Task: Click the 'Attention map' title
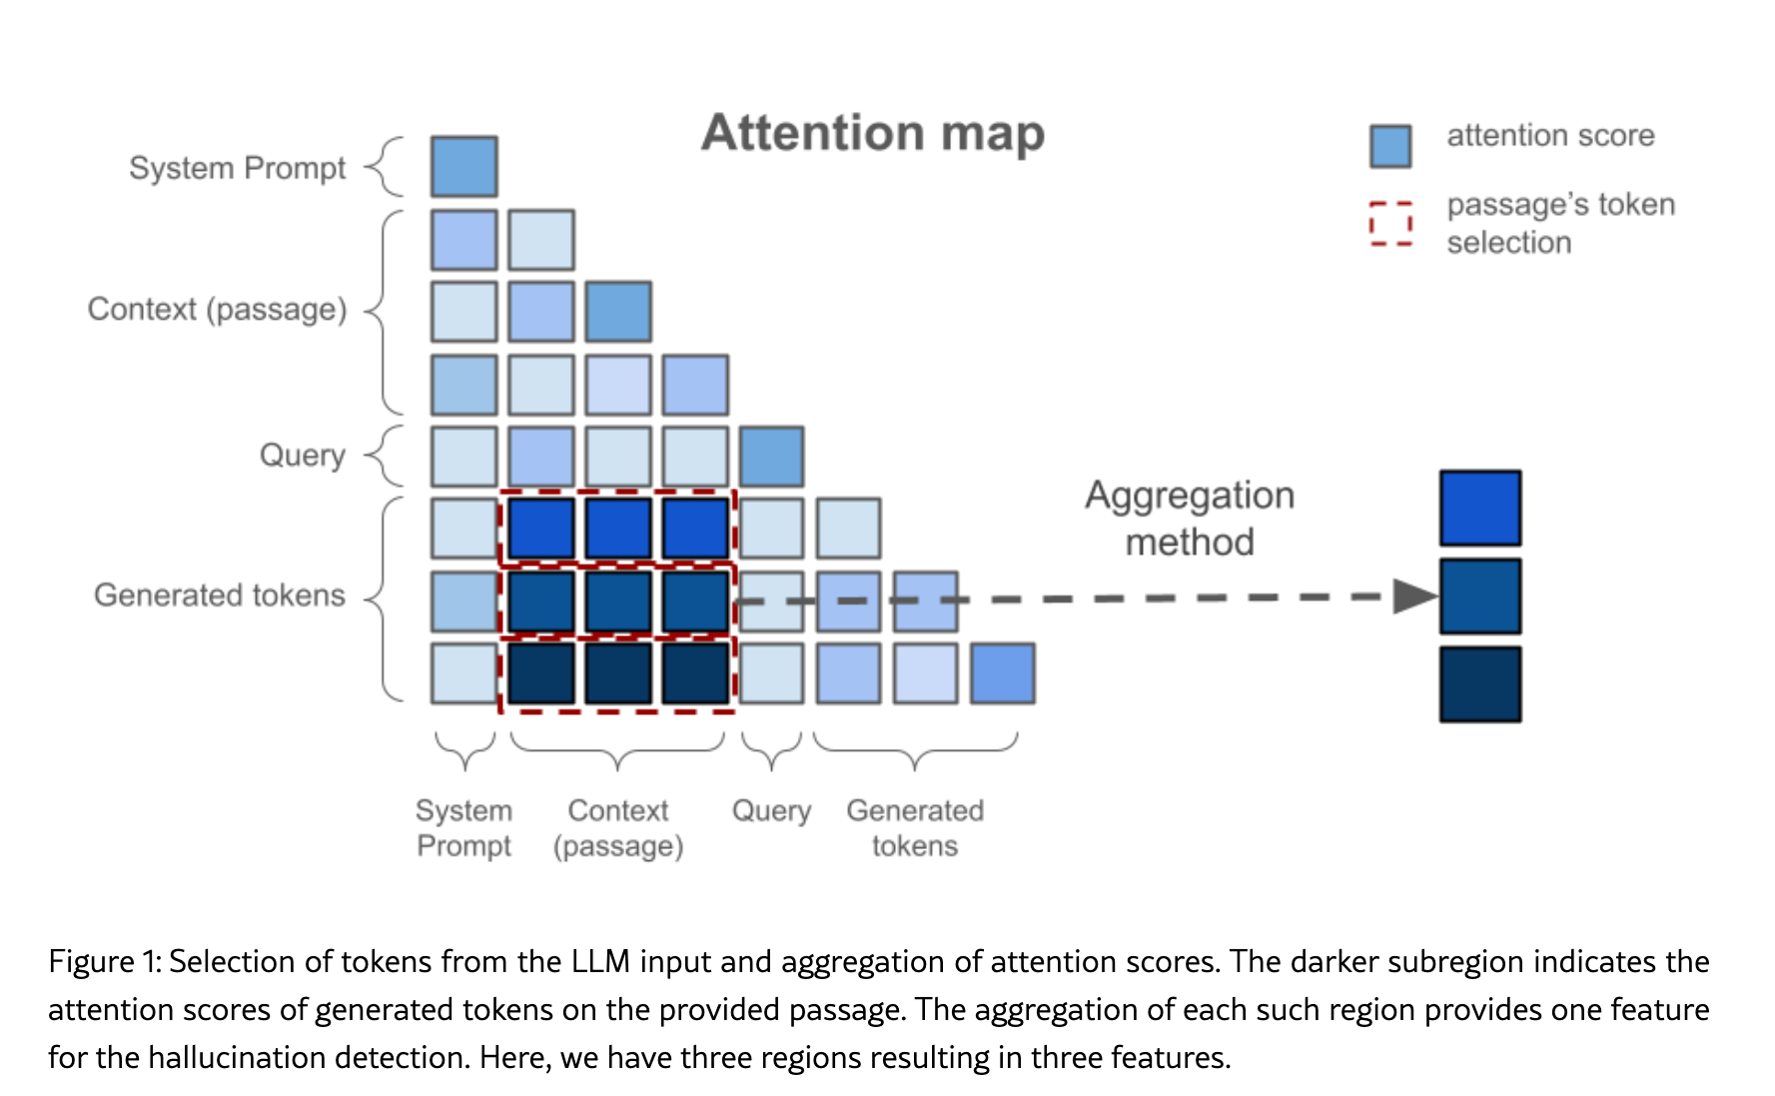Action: [872, 133]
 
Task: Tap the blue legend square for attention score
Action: [1389, 146]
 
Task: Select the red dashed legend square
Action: [1390, 223]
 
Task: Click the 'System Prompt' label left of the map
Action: [237, 168]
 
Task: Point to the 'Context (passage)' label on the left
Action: [217, 310]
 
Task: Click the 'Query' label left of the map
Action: [302, 456]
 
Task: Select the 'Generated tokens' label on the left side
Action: [219, 595]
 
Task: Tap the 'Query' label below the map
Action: [771, 810]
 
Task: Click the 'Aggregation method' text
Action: [1189, 519]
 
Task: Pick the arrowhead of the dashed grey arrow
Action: [1414, 596]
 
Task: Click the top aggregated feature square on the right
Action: [1479, 509]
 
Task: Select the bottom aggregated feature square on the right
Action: [1479, 684]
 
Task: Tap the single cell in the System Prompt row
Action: [463, 167]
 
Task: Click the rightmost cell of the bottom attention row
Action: [1002, 673]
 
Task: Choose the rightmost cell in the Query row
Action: [771, 457]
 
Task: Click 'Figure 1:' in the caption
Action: [104, 961]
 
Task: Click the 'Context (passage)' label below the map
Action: [618, 828]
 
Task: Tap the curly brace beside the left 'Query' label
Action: [385, 456]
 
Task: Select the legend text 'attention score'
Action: [1550, 136]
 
